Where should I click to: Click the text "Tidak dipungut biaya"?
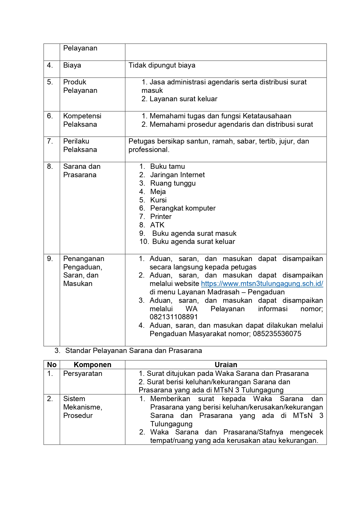(x=162, y=65)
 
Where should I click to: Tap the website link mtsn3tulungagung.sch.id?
(x=262, y=284)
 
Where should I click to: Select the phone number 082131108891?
(x=173, y=317)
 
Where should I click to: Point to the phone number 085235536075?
(x=277, y=334)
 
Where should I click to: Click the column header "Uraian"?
(x=226, y=365)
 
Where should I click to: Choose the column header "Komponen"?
(x=92, y=365)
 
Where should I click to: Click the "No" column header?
(x=52, y=365)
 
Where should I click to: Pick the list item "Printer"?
(x=161, y=217)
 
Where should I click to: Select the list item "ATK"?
(x=157, y=225)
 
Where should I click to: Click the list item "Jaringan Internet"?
(x=177, y=175)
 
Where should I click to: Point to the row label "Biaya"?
(x=72, y=65)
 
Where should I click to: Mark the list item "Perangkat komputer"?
(x=183, y=208)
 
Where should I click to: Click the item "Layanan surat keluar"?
(x=183, y=99)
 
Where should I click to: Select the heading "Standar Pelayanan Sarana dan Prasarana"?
(x=133, y=351)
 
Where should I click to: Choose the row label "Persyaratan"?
(x=83, y=374)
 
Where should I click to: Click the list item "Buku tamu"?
(x=167, y=166)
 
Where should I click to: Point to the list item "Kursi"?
(x=158, y=200)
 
